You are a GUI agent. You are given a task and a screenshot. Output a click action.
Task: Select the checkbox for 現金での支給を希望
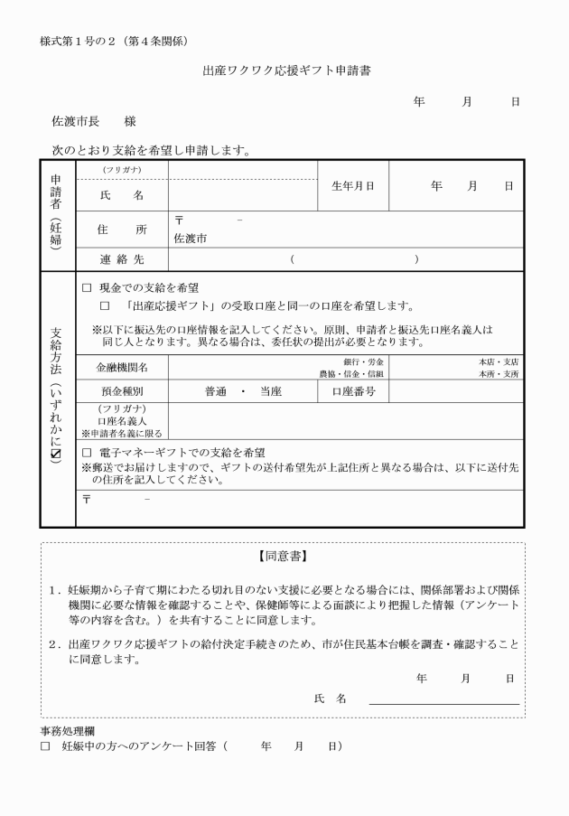click(x=88, y=286)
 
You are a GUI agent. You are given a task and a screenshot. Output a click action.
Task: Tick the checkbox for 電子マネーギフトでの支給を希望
click(x=88, y=451)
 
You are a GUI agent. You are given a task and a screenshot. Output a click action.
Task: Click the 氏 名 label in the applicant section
click(x=121, y=194)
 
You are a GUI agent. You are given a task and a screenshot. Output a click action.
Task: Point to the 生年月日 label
click(x=352, y=186)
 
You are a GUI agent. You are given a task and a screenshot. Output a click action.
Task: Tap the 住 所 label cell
click(x=121, y=230)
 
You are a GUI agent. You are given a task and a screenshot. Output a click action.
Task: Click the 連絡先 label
click(x=121, y=259)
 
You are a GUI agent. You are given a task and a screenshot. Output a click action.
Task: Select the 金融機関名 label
click(x=122, y=368)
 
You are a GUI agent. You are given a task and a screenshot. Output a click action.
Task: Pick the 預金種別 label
click(x=122, y=392)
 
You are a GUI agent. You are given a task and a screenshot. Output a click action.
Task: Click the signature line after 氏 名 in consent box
click(x=443, y=701)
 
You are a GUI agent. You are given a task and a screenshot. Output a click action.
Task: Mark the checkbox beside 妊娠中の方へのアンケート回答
click(x=45, y=746)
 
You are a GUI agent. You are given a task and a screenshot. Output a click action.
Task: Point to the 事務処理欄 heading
click(x=68, y=730)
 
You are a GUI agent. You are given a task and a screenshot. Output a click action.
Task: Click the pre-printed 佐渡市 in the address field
click(x=190, y=239)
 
